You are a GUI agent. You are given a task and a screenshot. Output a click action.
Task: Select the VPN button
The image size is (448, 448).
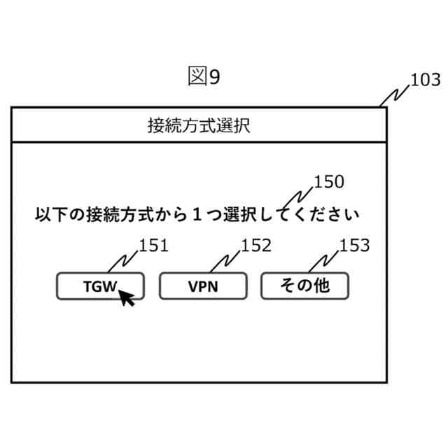click(203, 286)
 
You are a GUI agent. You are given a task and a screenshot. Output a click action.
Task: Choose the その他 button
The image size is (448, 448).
click(304, 286)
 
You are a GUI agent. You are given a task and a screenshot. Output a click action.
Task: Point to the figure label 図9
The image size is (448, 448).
click(204, 77)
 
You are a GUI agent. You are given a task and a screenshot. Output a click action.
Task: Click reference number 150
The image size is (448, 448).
click(328, 182)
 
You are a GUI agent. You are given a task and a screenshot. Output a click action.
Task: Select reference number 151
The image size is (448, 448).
click(153, 246)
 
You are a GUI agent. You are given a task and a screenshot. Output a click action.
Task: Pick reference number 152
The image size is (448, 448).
click(255, 246)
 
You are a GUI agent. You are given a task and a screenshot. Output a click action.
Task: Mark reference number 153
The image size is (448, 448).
click(354, 246)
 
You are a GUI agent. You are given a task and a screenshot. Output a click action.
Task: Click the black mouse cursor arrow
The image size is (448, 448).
click(126, 297)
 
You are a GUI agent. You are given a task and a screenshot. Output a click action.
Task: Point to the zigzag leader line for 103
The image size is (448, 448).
click(395, 94)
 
